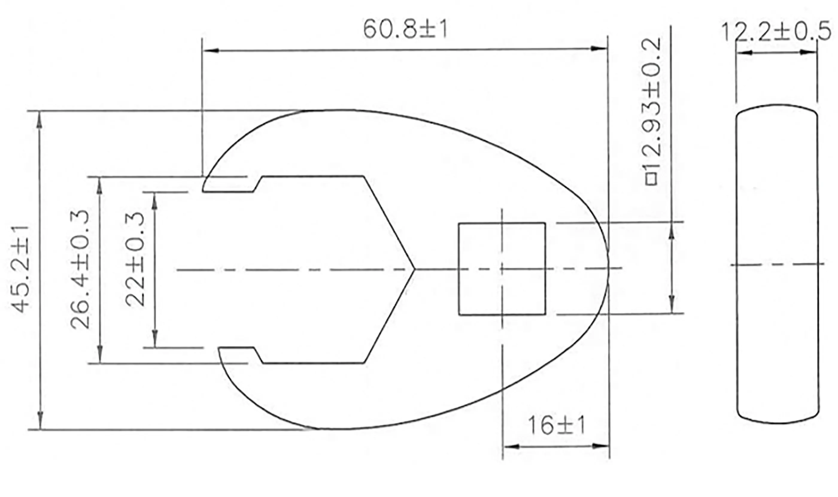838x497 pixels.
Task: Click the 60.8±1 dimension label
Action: click(405, 29)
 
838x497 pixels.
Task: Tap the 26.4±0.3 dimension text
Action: click(80, 269)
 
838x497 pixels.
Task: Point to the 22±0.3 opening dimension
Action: click(135, 260)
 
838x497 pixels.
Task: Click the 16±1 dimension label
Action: click(557, 426)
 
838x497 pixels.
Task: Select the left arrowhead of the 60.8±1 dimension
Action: click(211, 51)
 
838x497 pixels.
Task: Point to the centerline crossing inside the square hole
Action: click(502, 269)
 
